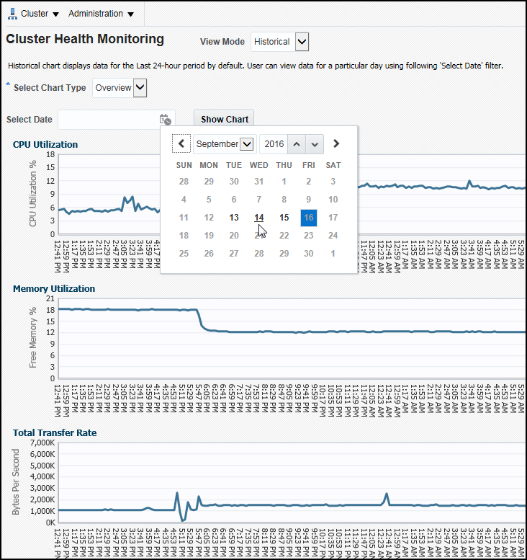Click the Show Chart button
pyautogui.click(x=224, y=119)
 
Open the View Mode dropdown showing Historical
pyautogui.click(x=302, y=42)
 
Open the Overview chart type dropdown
pyautogui.click(x=140, y=88)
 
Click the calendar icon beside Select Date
pyautogui.click(x=166, y=120)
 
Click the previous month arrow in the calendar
pyautogui.click(x=181, y=143)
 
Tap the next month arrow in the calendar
pyautogui.click(x=335, y=143)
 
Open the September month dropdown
pyautogui.click(x=224, y=144)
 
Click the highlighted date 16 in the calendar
pyautogui.click(x=308, y=218)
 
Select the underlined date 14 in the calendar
pyautogui.click(x=259, y=218)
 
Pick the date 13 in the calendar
pyautogui.click(x=233, y=218)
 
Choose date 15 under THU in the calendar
pyautogui.click(x=284, y=218)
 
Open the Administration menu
pyautogui.click(x=101, y=14)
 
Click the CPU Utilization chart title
pyautogui.click(x=45, y=144)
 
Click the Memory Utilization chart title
pyautogui.click(x=54, y=288)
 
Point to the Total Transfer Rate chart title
pyautogui.click(x=55, y=432)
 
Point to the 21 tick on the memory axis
pyautogui.click(x=50, y=298)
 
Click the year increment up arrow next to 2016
pyautogui.click(x=296, y=144)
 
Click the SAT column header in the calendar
pyautogui.click(x=333, y=165)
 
